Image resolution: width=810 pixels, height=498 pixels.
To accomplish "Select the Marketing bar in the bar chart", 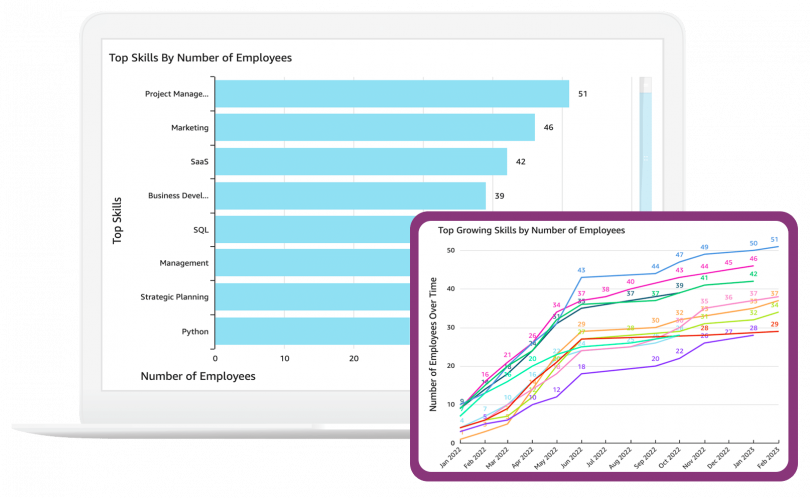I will pos(375,128).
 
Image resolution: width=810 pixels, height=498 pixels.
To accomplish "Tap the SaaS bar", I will pos(361,162).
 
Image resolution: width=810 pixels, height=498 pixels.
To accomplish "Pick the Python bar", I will pos(310,331).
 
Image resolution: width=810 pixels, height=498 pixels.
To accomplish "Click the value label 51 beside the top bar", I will pos(583,94).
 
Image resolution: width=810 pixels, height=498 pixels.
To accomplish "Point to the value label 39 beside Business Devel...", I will pos(499,196).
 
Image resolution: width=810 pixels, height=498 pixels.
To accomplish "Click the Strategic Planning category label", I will pos(175,297).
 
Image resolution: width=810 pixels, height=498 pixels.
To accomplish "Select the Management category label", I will pos(184,263).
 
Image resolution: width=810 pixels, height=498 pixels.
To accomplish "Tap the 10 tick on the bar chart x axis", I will pos(284,357).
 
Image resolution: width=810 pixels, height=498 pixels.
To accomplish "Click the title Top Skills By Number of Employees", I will pos(200,58).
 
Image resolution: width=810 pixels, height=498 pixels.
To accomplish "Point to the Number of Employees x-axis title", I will pos(197,377).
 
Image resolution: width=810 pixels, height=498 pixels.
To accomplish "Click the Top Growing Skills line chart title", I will pos(531,230).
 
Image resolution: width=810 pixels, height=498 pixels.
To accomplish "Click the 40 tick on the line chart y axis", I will pos(450,289).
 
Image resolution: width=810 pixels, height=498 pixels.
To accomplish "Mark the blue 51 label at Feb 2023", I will pos(775,240).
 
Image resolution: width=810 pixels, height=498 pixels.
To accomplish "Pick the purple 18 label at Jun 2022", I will pos(582,367).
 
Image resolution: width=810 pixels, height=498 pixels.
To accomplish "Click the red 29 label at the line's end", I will pos(775,324).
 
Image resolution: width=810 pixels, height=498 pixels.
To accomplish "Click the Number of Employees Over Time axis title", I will pos(432,345).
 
